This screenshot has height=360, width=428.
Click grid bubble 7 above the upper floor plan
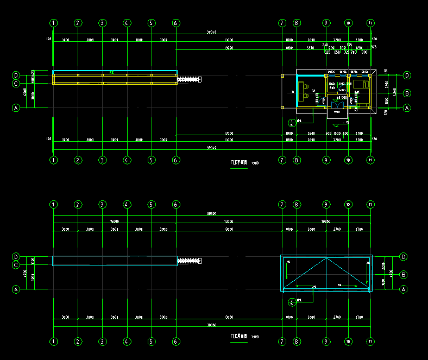pos(282,23)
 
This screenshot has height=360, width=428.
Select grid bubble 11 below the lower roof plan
pos(370,342)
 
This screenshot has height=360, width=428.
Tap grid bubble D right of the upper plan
pos(407,75)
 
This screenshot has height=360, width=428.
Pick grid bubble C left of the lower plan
pos(16,265)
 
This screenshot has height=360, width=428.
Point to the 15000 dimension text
pos(115,222)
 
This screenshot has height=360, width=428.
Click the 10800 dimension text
pos(326,222)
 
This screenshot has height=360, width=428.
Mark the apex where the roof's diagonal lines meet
pos(326,258)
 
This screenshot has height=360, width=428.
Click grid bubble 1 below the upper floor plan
pos(53,160)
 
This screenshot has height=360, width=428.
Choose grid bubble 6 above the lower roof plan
pos(175,204)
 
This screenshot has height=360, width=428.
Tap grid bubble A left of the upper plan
pos(16,108)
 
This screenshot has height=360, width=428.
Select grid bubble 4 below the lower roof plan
pos(127,342)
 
